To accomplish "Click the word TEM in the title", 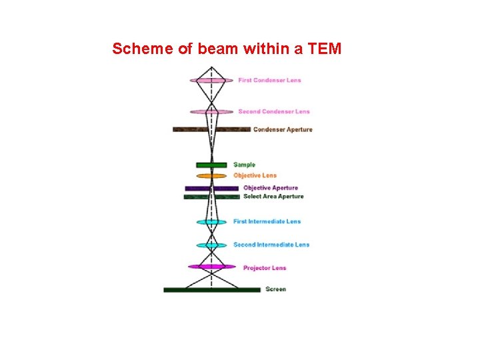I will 325,49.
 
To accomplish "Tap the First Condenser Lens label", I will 269,81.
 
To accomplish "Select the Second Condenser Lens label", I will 273,111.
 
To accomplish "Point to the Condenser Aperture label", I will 282,129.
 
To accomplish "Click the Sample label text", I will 244,165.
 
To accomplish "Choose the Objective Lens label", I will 255,175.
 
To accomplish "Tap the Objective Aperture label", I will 270,188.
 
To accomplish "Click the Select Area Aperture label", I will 273,197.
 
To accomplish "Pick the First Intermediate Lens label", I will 267,221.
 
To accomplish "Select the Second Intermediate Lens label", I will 271,245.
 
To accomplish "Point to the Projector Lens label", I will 264,268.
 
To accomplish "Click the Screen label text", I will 275,289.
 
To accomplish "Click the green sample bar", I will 211,165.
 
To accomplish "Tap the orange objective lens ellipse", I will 211,176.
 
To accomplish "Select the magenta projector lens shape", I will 211,267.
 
